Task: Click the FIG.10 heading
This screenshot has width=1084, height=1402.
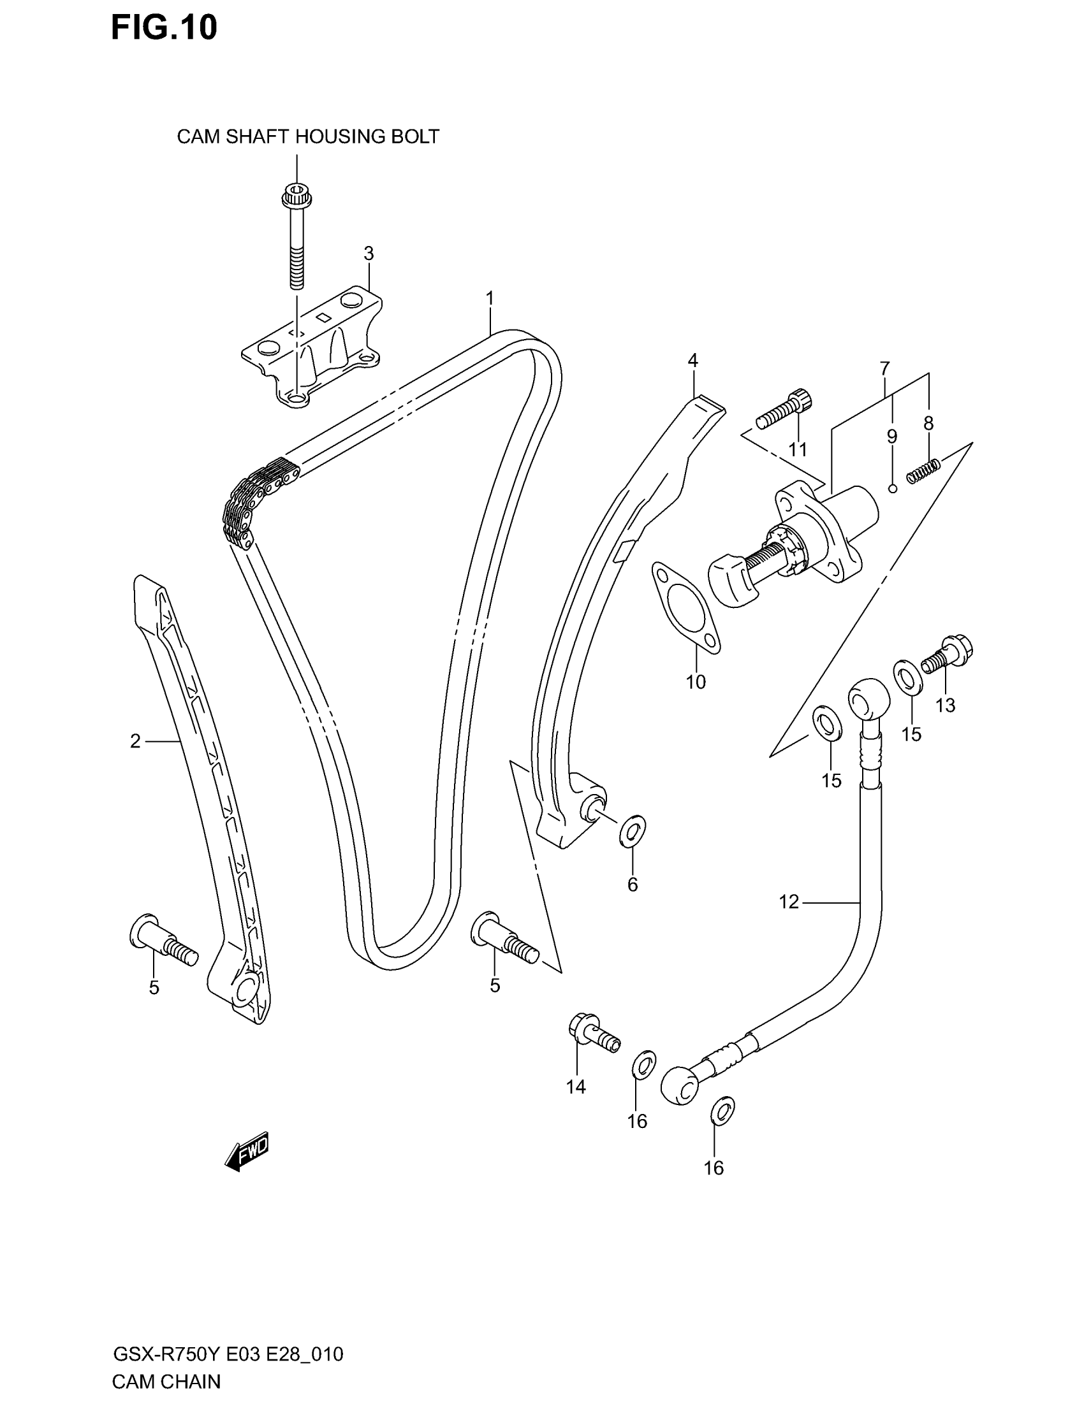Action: click(x=164, y=28)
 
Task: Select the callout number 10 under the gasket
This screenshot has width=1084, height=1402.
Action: click(x=696, y=682)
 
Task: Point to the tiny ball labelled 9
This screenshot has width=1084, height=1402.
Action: click(x=893, y=489)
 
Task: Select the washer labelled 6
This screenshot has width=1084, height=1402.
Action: click(x=633, y=831)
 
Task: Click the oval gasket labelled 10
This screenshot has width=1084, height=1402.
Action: click(x=685, y=607)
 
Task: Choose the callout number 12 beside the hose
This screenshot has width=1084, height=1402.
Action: click(x=789, y=902)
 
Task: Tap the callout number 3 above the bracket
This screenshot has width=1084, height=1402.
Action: click(x=369, y=254)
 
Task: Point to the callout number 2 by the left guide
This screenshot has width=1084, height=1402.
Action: click(x=135, y=741)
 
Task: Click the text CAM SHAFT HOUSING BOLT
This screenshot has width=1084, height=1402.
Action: click(x=308, y=137)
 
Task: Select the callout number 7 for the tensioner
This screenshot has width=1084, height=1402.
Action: click(x=884, y=368)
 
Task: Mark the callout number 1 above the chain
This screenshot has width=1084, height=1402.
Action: click(x=490, y=298)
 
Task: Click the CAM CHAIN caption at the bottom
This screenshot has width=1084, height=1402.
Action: click(x=166, y=1382)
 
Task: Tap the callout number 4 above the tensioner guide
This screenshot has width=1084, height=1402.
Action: click(x=692, y=361)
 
